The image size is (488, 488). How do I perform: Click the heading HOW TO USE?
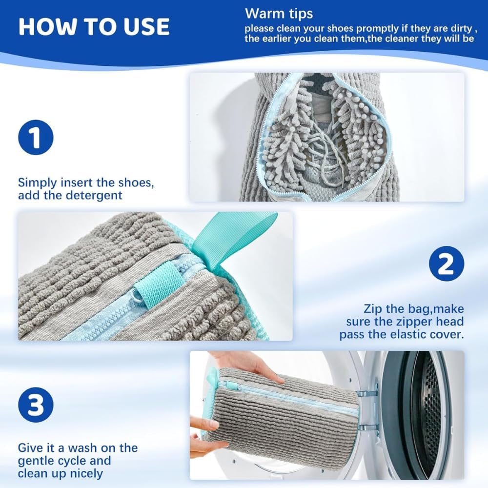(94, 27)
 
